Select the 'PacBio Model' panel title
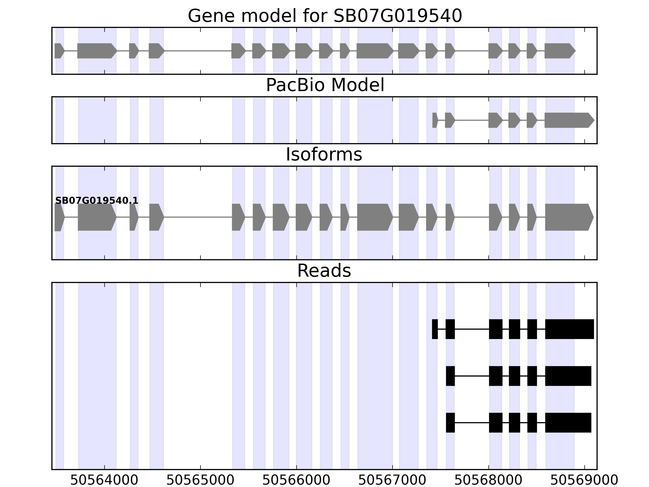coord(325,85)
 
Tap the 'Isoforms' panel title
coord(324,154)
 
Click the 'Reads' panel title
coord(324,271)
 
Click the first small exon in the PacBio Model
coord(435,120)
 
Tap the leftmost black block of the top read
coord(435,329)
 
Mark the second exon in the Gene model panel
coord(97,51)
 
